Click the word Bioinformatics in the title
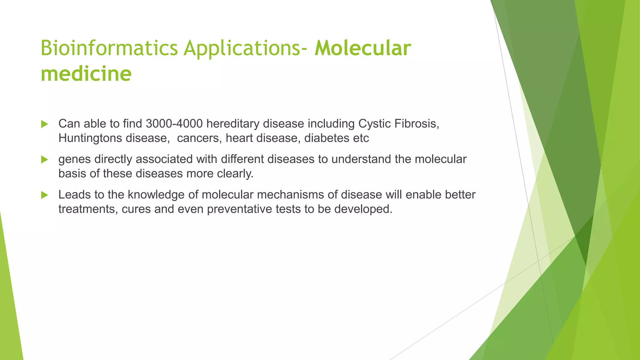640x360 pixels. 109,48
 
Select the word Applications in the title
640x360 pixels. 242,48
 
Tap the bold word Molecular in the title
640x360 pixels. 362,48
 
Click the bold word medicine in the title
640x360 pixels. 86,74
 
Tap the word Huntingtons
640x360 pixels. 90,138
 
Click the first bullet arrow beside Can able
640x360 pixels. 44,124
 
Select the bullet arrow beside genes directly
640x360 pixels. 44,160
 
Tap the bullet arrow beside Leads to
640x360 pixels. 44,195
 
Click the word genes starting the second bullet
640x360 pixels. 74,160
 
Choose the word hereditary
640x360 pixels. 233,124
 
